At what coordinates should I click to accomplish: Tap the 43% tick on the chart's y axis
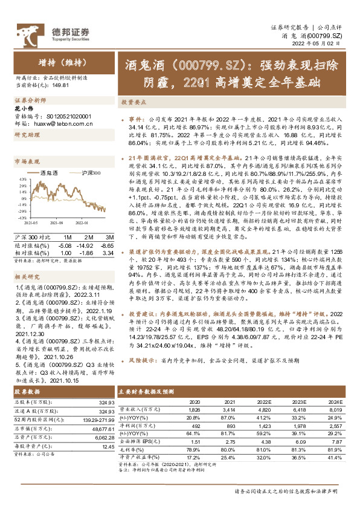tap(21, 180)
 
